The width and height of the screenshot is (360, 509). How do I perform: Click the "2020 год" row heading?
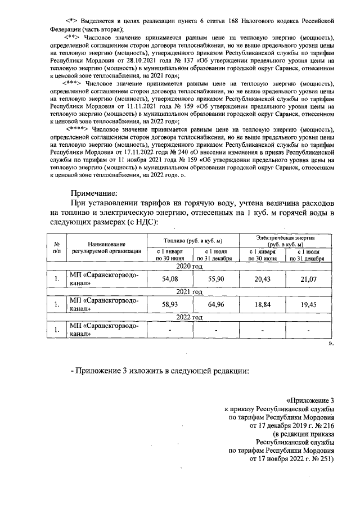(190, 266)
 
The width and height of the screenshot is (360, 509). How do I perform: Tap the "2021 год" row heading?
(190, 292)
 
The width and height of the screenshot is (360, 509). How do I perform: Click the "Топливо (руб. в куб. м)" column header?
(193, 241)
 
